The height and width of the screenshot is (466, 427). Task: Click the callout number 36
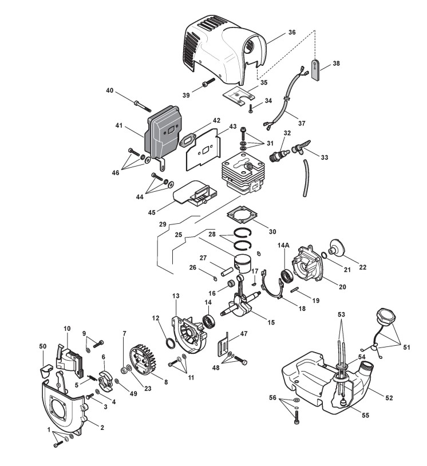tap(292, 32)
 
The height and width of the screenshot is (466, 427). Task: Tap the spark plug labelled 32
tap(279, 155)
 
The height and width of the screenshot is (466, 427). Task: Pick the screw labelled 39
tap(207, 86)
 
